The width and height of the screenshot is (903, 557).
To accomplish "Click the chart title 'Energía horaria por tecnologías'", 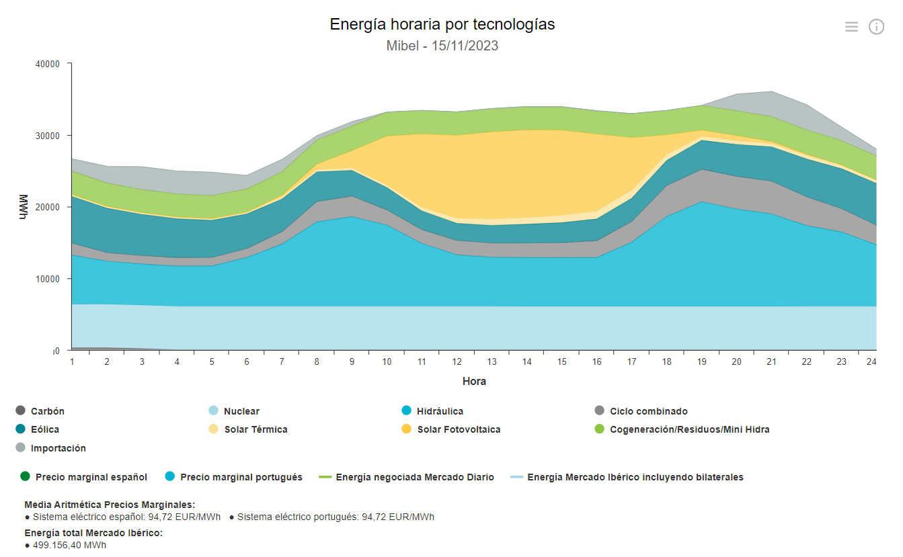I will [442, 25].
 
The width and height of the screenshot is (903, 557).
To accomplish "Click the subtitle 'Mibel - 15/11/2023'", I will [442, 46].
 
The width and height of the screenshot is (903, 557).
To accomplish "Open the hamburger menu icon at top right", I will [851, 27].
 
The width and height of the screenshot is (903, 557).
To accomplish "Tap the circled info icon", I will [876, 27].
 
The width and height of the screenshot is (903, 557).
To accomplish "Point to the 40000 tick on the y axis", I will [48, 65].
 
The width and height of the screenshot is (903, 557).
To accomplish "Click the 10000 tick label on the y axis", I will [48, 279].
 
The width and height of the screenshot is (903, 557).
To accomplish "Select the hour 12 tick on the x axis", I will [457, 361].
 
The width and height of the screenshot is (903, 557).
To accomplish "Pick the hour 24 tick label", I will [871, 361].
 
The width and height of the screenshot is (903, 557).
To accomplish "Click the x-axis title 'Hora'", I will [474, 382].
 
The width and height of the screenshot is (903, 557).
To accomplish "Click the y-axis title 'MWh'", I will [24, 207].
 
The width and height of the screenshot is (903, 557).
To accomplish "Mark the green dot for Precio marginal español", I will [26, 477].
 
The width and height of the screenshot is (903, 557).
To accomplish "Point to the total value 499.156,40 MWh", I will [69, 546].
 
